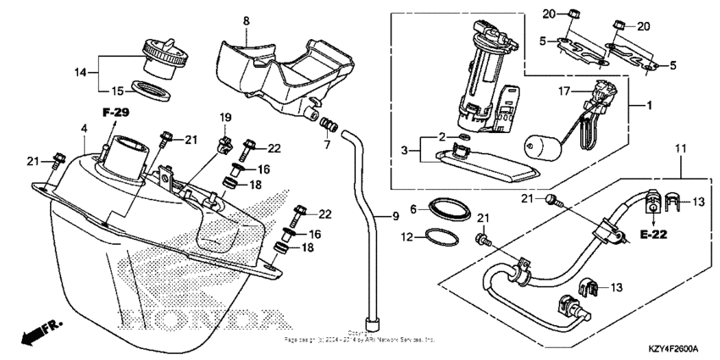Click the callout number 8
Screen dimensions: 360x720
(x=246, y=19)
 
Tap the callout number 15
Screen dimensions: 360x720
(x=120, y=89)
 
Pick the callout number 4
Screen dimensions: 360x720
(x=84, y=129)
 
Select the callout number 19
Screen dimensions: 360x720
(x=226, y=116)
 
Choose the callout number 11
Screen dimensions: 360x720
(x=678, y=149)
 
